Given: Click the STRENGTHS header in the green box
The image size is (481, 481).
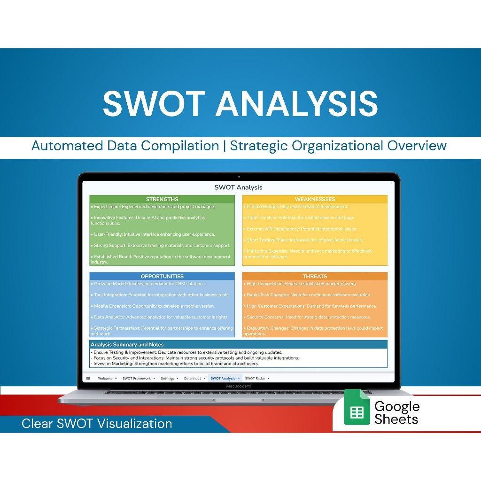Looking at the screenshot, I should [x=162, y=199].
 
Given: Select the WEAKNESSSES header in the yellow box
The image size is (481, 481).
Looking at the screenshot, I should [x=315, y=199].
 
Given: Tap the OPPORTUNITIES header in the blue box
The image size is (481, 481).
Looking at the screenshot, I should [x=162, y=276].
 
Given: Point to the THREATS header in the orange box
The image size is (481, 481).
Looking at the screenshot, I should [x=315, y=276].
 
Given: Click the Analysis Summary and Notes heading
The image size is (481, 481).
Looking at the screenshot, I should [x=127, y=344].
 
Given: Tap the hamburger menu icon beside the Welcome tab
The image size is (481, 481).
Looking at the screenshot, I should [x=88, y=378].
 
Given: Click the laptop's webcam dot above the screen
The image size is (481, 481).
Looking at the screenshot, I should [x=239, y=177].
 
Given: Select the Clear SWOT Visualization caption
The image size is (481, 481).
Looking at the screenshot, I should [x=97, y=424].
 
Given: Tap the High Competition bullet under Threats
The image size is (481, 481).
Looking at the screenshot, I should [x=301, y=284].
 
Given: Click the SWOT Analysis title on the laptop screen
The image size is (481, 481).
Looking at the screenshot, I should [x=239, y=187].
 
